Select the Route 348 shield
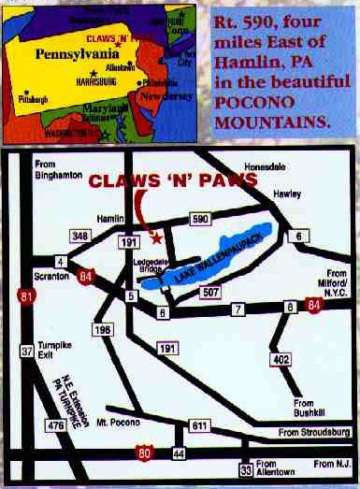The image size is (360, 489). point(80,236)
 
